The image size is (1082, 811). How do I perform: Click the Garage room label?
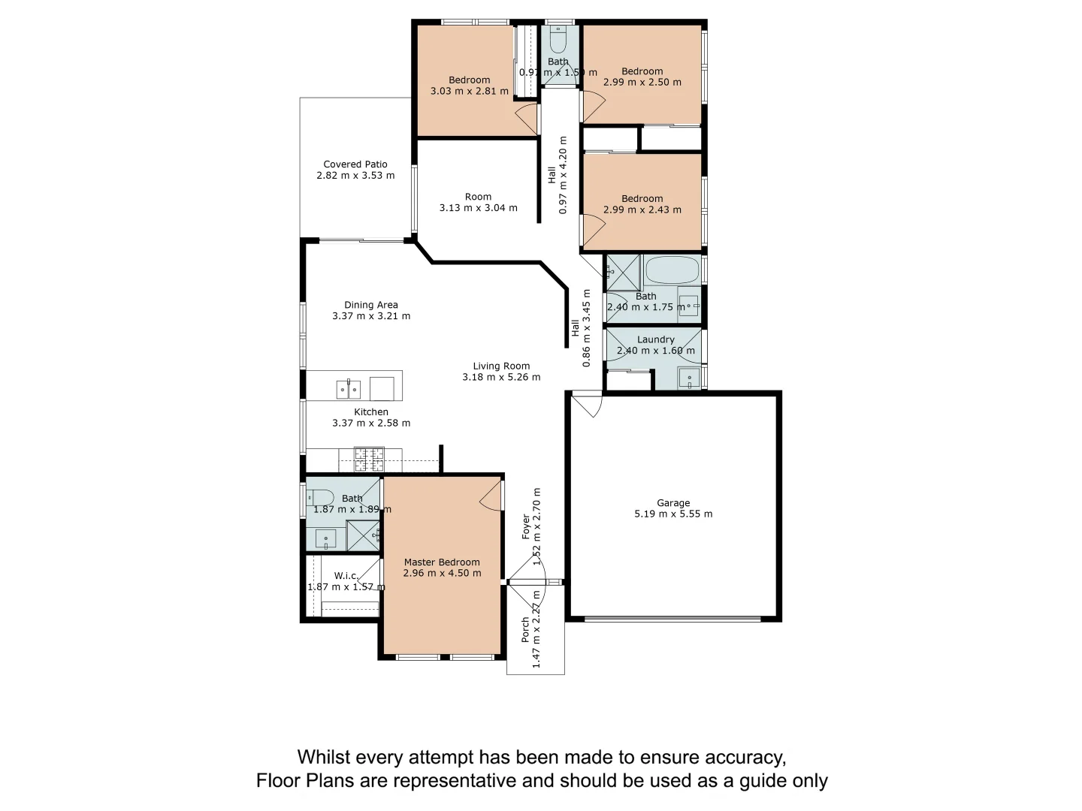[x=673, y=503]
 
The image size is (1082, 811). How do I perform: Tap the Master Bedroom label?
[x=442, y=562]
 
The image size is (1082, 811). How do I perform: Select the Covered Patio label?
[x=355, y=164]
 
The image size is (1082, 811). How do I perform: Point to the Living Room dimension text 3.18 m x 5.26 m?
[x=501, y=377]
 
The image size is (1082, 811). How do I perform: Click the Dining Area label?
[x=371, y=305]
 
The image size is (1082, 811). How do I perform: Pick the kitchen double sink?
[x=348, y=390]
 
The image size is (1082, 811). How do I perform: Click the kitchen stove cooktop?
[x=369, y=459]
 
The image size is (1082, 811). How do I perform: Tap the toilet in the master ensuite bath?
[x=321, y=497]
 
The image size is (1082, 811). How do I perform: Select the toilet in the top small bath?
[x=558, y=40]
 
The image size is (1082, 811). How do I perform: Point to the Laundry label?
[x=656, y=339]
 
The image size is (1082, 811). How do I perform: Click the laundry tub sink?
[x=689, y=378]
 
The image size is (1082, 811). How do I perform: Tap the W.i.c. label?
[x=346, y=576]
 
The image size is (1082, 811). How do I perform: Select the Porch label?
[x=526, y=630]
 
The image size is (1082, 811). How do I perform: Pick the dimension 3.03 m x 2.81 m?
[x=470, y=91]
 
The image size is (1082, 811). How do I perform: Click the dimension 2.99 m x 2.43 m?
[x=642, y=210]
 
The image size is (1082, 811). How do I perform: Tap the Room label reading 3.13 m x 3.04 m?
[x=478, y=197]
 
